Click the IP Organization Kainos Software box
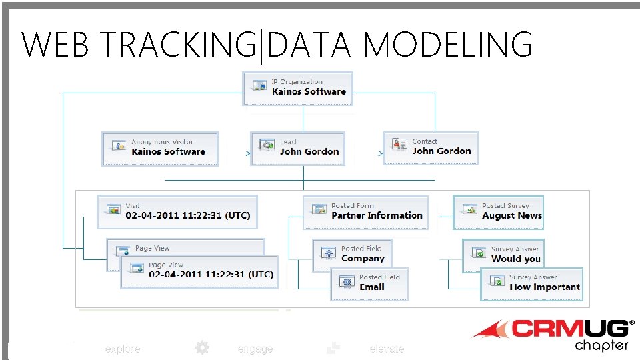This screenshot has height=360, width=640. [298, 89]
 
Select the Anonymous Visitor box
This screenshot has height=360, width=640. [160, 148]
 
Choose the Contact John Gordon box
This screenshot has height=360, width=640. [431, 148]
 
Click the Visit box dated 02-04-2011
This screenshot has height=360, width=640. [177, 212]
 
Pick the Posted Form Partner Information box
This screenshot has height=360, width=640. [366, 212]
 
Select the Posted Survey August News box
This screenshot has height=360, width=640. [499, 212]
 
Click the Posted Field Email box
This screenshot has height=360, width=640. [369, 283]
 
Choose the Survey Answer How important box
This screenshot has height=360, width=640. [531, 284]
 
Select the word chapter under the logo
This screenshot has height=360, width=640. [601, 345]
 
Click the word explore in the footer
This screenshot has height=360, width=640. [123, 349]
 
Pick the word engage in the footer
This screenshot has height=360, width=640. [255, 349]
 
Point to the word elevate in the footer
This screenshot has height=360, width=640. [387, 349]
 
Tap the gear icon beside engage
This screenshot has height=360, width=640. [201, 347]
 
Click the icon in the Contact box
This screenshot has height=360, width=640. [399, 145]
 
